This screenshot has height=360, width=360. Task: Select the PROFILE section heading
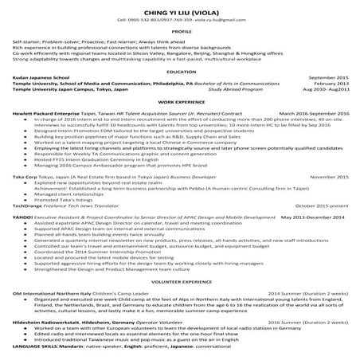(x=179, y=32)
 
